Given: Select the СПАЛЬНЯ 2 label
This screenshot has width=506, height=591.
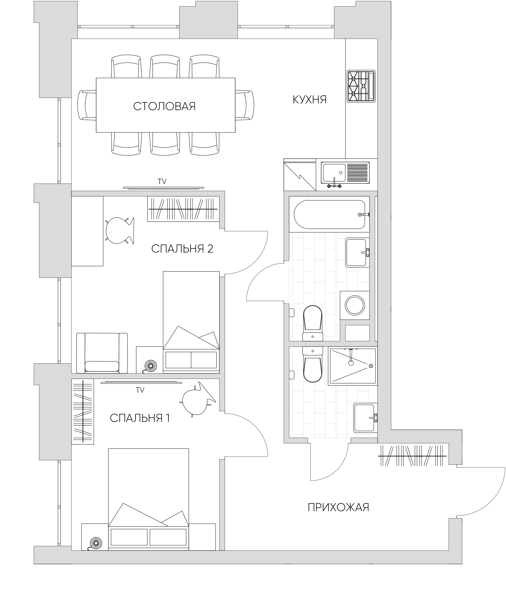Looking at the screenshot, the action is click(x=182, y=249).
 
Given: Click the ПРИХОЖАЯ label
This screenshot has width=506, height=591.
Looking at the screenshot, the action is click(x=338, y=507).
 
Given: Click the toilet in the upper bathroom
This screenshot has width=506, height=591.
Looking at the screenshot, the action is click(x=313, y=323).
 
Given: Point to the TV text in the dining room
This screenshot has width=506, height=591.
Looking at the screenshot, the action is click(x=162, y=181).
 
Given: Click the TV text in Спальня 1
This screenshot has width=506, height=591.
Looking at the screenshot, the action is click(x=140, y=390).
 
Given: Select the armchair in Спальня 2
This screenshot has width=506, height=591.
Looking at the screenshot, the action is click(x=102, y=353).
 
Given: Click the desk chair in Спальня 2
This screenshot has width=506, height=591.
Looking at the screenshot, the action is click(x=119, y=230).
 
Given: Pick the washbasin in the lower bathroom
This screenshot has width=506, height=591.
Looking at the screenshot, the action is click(x=365, y=418).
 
